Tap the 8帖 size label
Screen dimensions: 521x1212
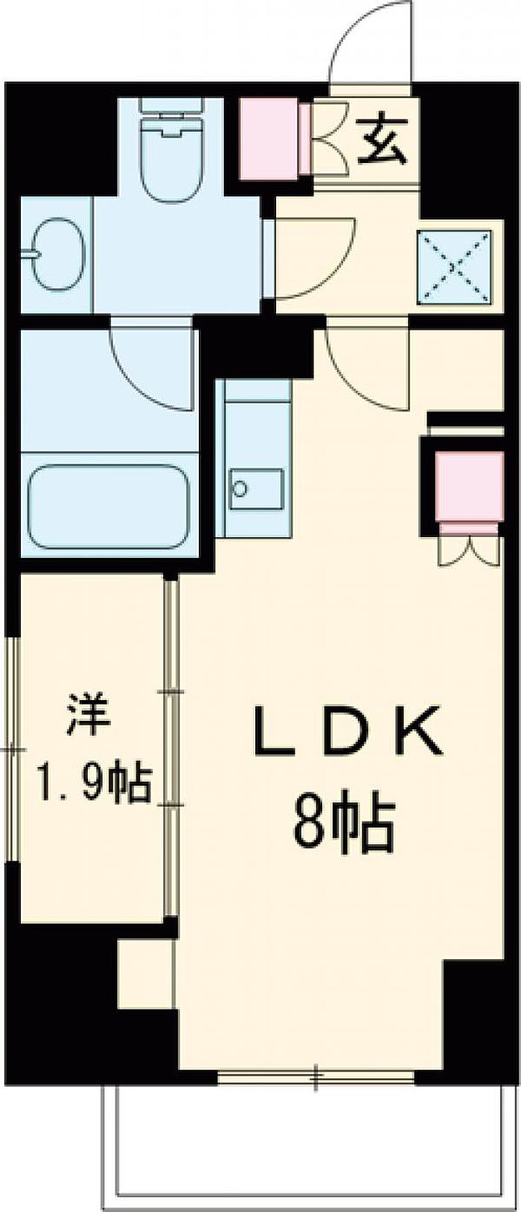342,826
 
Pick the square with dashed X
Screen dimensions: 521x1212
455,267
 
